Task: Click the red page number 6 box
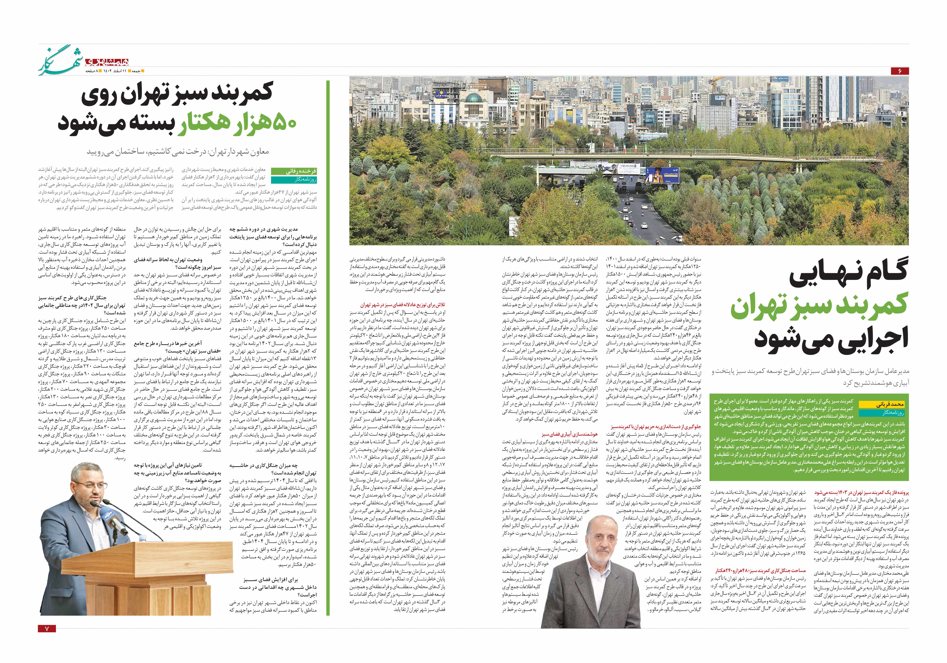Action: (x=899, y=71)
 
